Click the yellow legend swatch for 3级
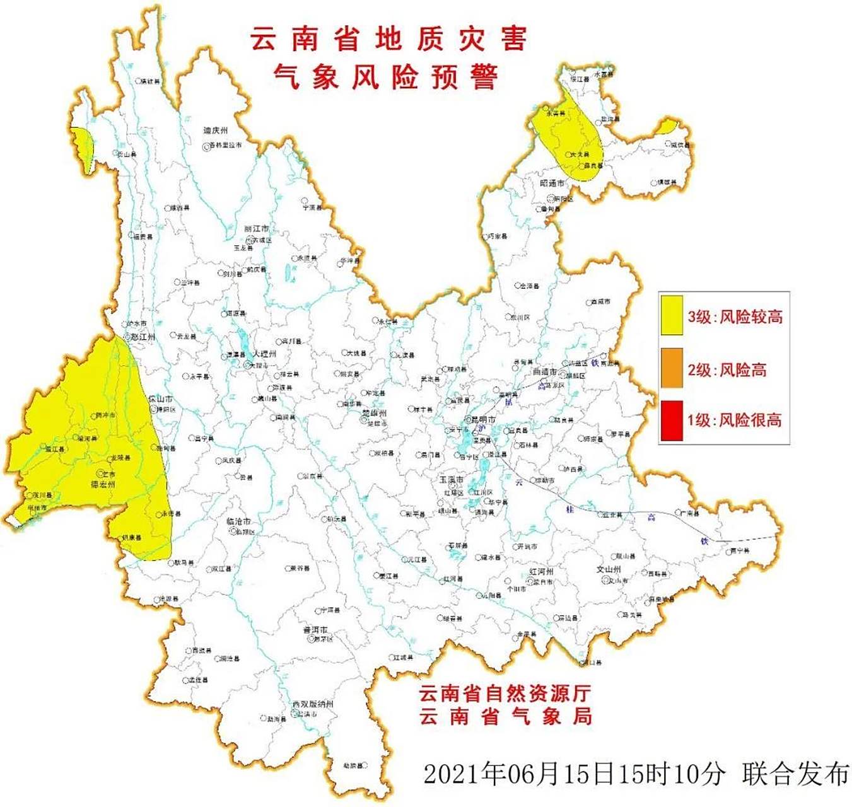pyautogui.click(x=672, y=316)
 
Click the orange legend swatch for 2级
pyautogui.click(x=672, y=368)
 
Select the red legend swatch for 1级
pyautogui.click(x=672, y=420)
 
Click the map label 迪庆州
pyautogui.click(x=215, y=131)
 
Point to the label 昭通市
pyautogui.click(x=552, y=183)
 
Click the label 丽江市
pyautogui.click(x=256, y=228)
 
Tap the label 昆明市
pyautogui.click(x=482, y=419)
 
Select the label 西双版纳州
pyautogui.click(x=313, y=704)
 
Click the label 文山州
pyautogui.click(x=609, y=569)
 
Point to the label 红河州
pyautogui.click(x=541, y=571)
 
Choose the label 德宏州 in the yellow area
pyautogui.click(x=103, y=484)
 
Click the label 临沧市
pyautogui.click(x=238, y=521)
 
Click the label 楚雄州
pyautogui.click(x=374, y=414)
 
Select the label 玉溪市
pyautogui.click(x=452, y=480)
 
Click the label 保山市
pyautogui.click(x=160, y=399)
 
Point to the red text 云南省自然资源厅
pyautogui.click(x=505, y=694)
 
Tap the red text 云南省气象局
pyautogui.click(x=505, y=717)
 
